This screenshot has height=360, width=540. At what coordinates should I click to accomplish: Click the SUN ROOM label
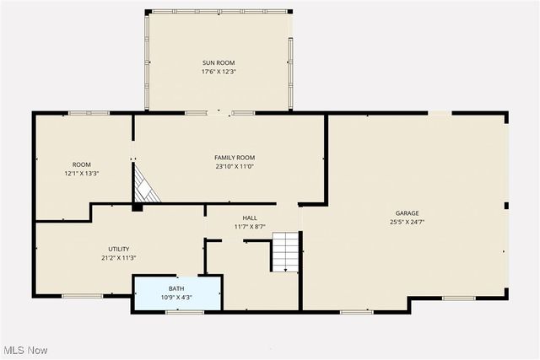218,62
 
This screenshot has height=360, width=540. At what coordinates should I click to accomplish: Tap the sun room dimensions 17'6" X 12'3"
218,72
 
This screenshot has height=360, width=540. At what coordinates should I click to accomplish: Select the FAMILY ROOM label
235,158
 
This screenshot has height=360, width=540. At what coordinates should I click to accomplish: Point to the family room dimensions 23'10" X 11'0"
235,167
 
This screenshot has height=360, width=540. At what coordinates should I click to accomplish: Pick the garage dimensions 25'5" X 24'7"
408,223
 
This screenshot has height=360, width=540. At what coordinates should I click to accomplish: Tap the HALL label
251,218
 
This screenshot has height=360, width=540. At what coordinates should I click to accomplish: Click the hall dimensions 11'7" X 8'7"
251,227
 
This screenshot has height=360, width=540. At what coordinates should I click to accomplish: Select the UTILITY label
119,249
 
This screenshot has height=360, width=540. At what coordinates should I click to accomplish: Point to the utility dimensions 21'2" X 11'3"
119,258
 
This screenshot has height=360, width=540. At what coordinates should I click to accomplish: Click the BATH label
175,288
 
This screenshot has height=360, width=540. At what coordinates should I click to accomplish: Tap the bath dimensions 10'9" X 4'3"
175,298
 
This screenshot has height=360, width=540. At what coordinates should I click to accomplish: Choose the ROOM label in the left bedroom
82,164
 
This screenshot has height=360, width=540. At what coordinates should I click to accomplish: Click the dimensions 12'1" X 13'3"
82,174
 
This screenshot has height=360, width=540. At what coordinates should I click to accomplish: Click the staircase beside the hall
285,250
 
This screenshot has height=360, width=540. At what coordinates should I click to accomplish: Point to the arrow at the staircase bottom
286,269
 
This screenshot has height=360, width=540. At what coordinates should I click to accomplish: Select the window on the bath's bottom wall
178,313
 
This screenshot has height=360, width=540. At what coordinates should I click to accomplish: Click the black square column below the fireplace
138,207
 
